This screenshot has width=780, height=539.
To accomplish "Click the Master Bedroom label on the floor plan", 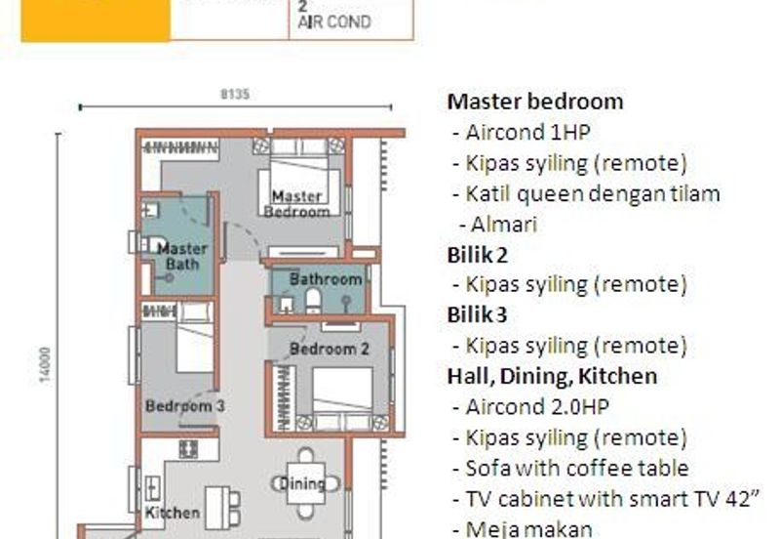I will click(297, 203).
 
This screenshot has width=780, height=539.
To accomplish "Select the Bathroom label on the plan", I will click(326, 279).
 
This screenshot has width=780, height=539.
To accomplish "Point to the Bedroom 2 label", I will click(330, 349).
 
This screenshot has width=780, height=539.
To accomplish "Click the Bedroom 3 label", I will click(185, 405).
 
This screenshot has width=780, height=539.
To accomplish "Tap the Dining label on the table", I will click(302, 483).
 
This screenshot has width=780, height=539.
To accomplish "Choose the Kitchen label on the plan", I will click(173, 512).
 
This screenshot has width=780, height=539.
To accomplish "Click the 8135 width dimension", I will click(235, 95).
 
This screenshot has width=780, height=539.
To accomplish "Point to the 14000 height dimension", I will click(44, 364).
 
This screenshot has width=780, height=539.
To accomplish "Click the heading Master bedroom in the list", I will click(535, 102).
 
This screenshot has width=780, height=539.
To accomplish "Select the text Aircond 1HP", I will click(527, 132).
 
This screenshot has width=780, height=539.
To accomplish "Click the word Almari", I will click(503, 224).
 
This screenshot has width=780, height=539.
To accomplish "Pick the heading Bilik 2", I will click(477, 254).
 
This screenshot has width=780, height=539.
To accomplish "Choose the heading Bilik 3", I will click(477, 314).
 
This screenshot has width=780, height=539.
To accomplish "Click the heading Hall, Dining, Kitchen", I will click(552, 376).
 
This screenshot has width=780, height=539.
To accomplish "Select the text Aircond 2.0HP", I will click(537, 406).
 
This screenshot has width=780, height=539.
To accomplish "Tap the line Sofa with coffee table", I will click(577, 468).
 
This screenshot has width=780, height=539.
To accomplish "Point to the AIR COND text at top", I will click(334, 21).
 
